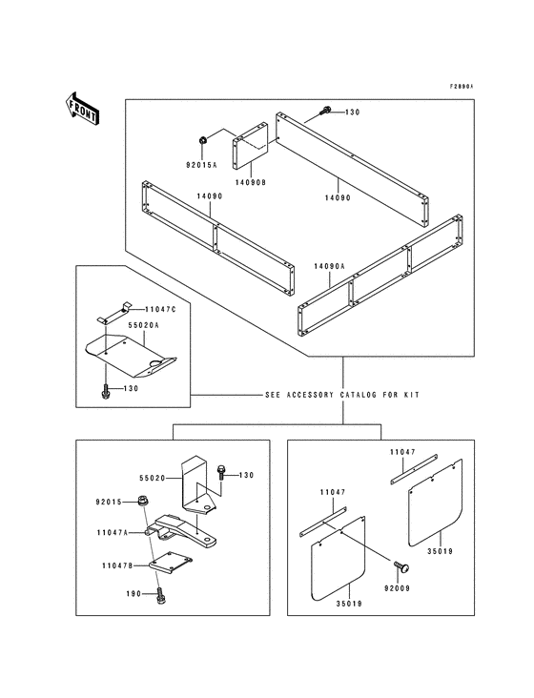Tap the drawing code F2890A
click(462, 86)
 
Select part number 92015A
click(201, 165)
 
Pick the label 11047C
click(160, 310)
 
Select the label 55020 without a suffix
click(153, 477)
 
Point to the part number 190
click(133, 594)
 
